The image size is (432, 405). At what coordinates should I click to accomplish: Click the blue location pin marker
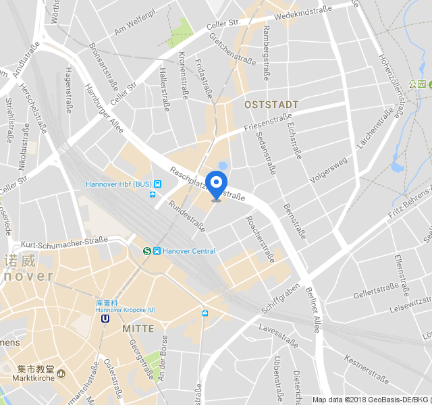[x=216, y=184]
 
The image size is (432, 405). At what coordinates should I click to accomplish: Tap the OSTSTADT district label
[x=271, y=105]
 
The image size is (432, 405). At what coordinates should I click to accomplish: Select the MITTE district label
[x=138, y=329]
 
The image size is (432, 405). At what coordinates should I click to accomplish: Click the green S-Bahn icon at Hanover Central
[x=147, y=251]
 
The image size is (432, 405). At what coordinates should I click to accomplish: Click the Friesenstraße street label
[x=268, y=120]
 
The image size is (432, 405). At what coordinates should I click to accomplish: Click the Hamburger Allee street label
[x=105, y=107]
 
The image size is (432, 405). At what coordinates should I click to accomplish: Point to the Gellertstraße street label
[x=377, y=291]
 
